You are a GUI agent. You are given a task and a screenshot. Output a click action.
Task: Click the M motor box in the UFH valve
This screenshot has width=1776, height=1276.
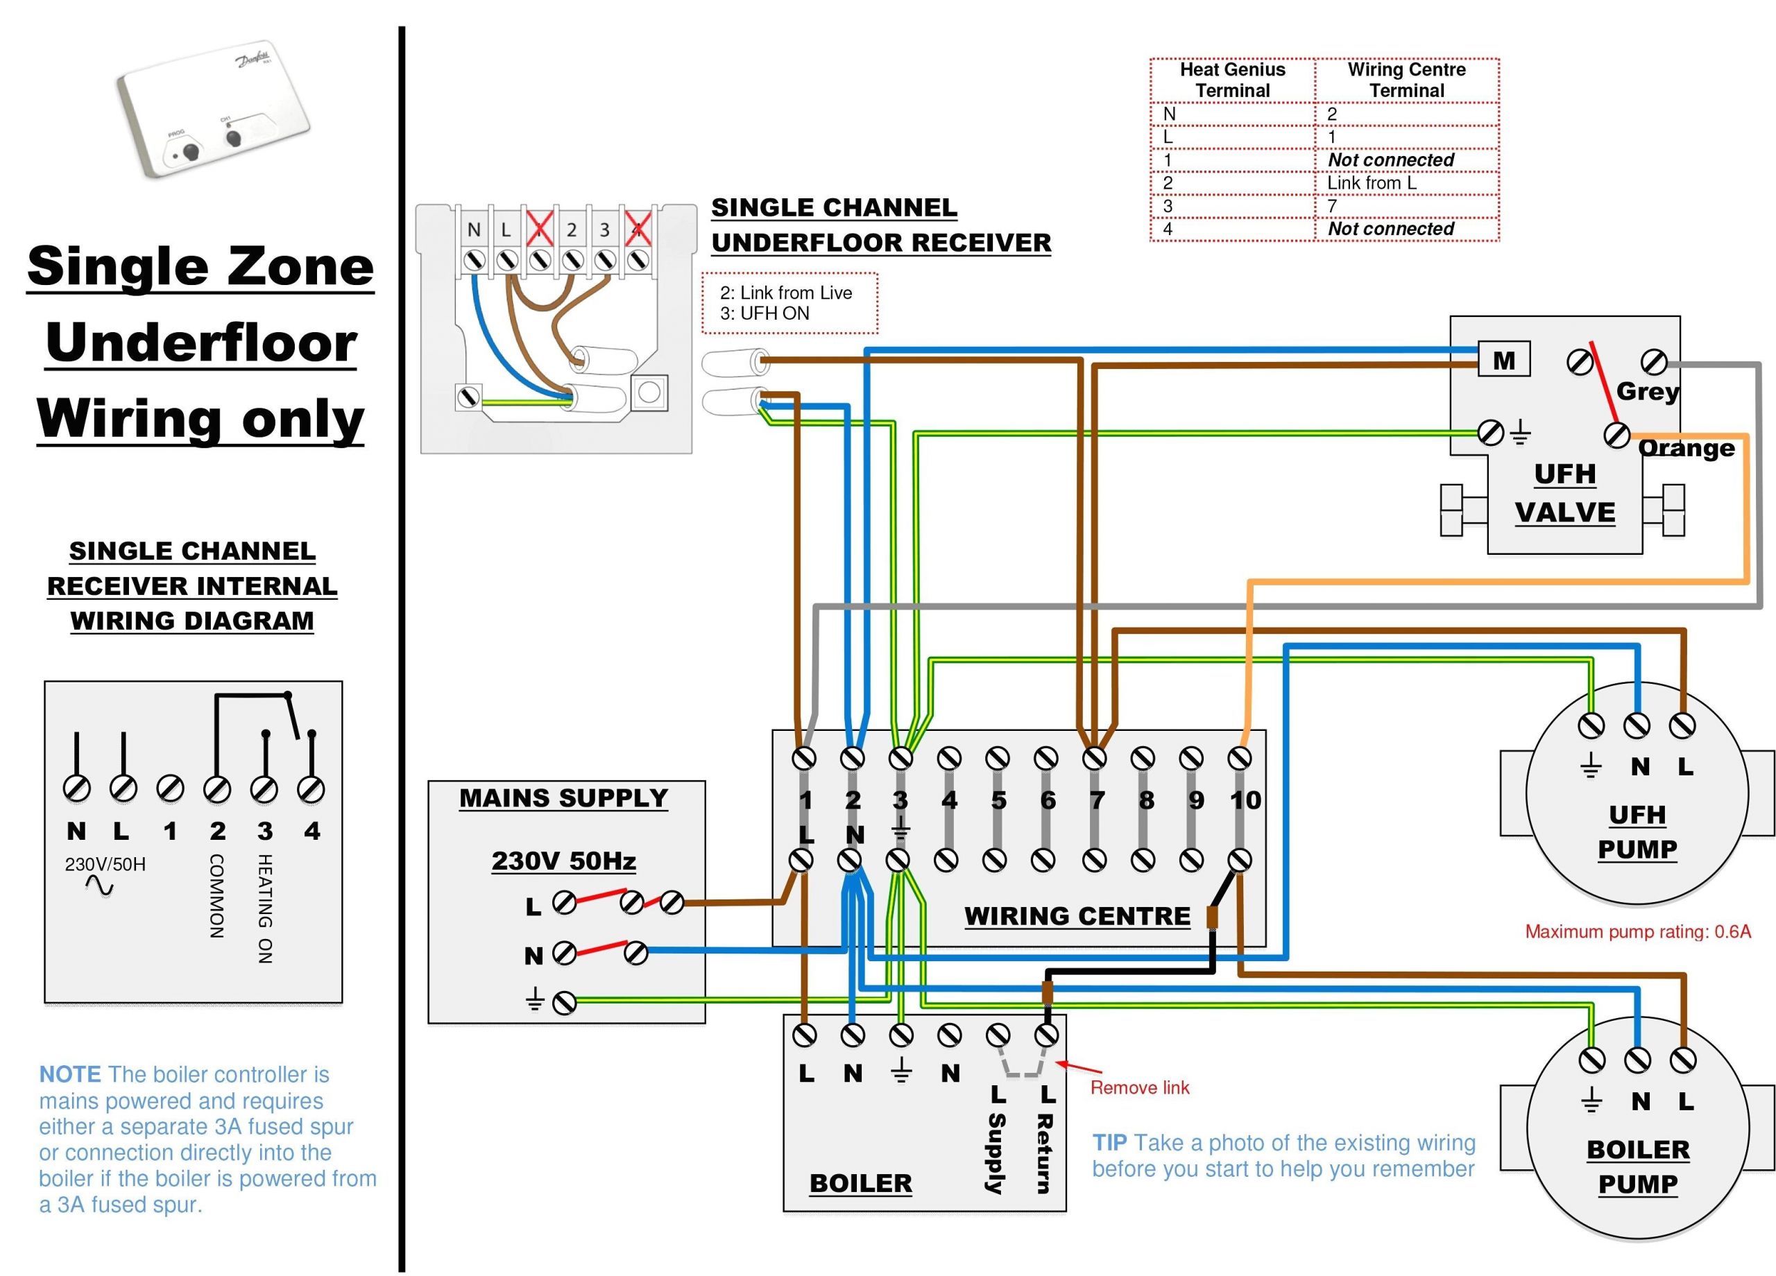pos(1503,360)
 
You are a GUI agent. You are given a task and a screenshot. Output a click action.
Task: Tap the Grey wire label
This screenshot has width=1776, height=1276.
pos(1647,390)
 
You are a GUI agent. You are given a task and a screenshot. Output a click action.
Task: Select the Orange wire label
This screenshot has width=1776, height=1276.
pos(1686,448)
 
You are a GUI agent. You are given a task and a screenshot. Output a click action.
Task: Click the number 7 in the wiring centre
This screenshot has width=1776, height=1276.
pos(1097,800)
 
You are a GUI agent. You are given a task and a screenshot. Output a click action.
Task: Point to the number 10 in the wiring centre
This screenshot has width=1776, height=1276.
pos(1245,800)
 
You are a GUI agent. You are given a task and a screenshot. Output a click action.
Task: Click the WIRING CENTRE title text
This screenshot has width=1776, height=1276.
pos(1077,915)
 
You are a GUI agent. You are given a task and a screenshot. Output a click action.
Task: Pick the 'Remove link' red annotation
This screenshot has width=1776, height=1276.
pos(1139,1087)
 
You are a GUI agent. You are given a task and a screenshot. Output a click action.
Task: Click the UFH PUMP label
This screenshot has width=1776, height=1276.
pos(1637,831)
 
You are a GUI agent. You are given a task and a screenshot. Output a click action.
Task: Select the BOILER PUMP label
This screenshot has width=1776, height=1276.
pos(1637,1166)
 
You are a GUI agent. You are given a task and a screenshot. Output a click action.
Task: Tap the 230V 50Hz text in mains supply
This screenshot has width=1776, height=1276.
pos(563,861)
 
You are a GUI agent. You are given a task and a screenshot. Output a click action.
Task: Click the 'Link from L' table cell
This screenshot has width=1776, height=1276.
pos(1371,182)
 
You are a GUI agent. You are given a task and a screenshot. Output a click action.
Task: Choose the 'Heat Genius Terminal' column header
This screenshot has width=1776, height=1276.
pos(1232,79)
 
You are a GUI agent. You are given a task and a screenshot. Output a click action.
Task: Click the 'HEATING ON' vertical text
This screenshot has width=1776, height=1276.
pos(265,908)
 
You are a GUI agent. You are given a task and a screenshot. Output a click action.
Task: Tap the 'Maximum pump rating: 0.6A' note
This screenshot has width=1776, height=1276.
pos(1637,931)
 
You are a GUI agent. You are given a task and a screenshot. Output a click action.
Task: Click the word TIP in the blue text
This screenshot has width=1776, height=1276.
pos(1109,1142)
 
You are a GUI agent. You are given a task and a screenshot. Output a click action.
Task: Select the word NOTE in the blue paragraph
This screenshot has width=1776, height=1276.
pos(69,1074)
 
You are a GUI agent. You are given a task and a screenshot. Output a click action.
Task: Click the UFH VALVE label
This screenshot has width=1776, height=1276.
pos(1564,492)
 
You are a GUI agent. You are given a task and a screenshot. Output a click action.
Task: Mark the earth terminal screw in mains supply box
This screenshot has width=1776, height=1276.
pos(564,1002)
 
